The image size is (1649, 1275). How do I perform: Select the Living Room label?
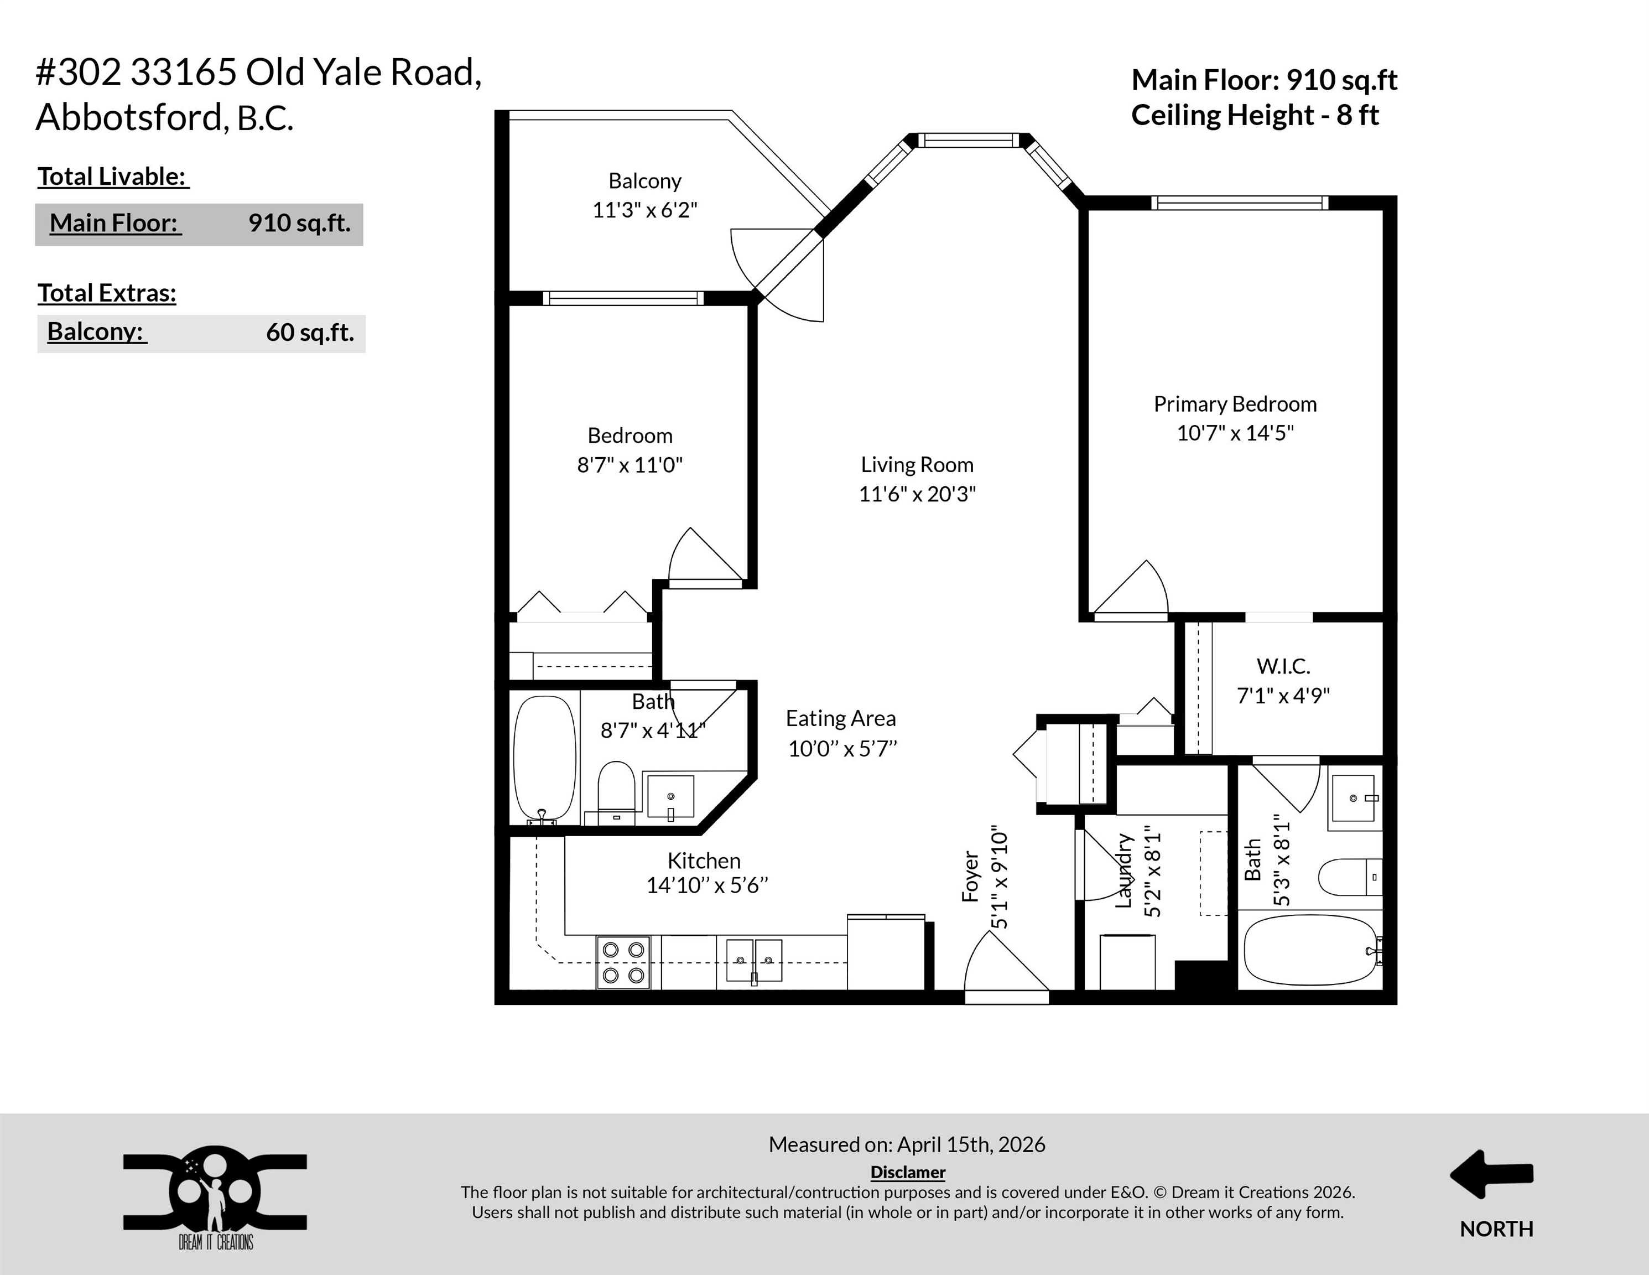pyautogui.click(x=917, y=464)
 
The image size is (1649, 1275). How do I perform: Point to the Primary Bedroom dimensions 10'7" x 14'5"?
pyautogui.click(x=1235, y=433)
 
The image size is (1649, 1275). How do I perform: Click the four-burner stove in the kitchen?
pyautogui.click(x=623, y=962)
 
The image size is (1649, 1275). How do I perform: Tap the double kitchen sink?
pyautogui.click(x=753, y=961)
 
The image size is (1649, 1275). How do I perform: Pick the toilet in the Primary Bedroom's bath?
pyautogui.click(x=1350, y=877)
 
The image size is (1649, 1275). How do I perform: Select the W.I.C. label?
pyautogui.click(x=1283, y=666)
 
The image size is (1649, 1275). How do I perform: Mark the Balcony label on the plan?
pyautogui.click(x=645, y=182)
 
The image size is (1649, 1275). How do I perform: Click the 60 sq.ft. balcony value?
pyautogui.click(x=310, y=333)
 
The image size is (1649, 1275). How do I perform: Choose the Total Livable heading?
pyautogui.click(x=113, y=177)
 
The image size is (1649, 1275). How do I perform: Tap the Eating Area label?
pyautogui.click(x=840, y=718)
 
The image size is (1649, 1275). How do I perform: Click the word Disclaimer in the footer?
pyautogui.click(x=908, y=1172)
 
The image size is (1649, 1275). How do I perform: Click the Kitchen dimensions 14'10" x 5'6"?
pyautogui.click(x=707, y=885)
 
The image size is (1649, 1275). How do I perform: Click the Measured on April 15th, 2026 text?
pyautogui.click(x=907, y=1145)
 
